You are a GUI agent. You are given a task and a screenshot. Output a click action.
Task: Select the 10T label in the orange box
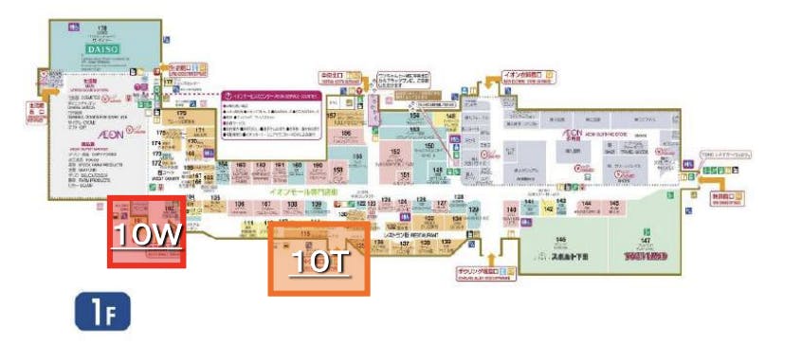click(318, 263)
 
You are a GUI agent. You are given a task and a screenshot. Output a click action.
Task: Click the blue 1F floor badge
click(101, 314)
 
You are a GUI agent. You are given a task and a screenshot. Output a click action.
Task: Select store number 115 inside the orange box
click(305, 233)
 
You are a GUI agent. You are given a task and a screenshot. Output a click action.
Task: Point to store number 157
click(333, 115)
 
